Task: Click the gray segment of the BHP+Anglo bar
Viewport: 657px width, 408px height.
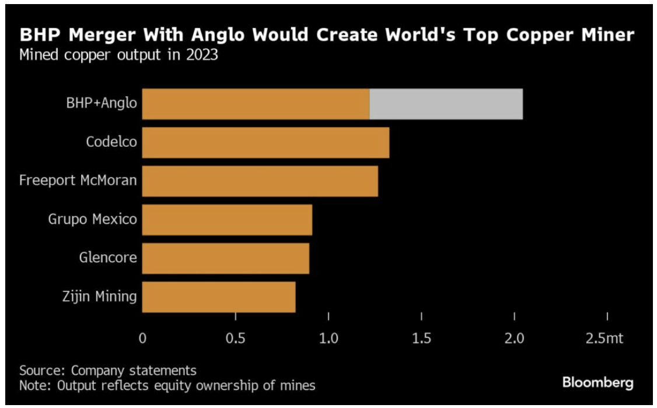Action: [446, 104]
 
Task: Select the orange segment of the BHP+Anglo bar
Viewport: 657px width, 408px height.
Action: [256, 104]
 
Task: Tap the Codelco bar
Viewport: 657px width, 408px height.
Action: [265, 142]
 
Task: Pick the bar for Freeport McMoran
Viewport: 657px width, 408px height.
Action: [260, 181]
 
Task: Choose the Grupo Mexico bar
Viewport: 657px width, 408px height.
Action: [227, 220]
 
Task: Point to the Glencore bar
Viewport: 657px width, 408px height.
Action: [225, 258]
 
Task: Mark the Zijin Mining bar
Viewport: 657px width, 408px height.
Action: [219, 297]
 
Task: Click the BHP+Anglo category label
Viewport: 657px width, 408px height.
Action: [102, 104]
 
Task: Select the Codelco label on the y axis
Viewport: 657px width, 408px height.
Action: [111, 142]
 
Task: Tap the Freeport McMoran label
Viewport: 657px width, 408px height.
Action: [78, 180]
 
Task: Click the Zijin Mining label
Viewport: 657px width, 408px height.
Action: [99, 296]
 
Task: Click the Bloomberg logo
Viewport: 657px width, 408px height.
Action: [597, 383]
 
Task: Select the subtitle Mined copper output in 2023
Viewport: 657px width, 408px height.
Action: [119, 57]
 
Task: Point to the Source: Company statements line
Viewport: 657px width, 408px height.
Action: [108, 371]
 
